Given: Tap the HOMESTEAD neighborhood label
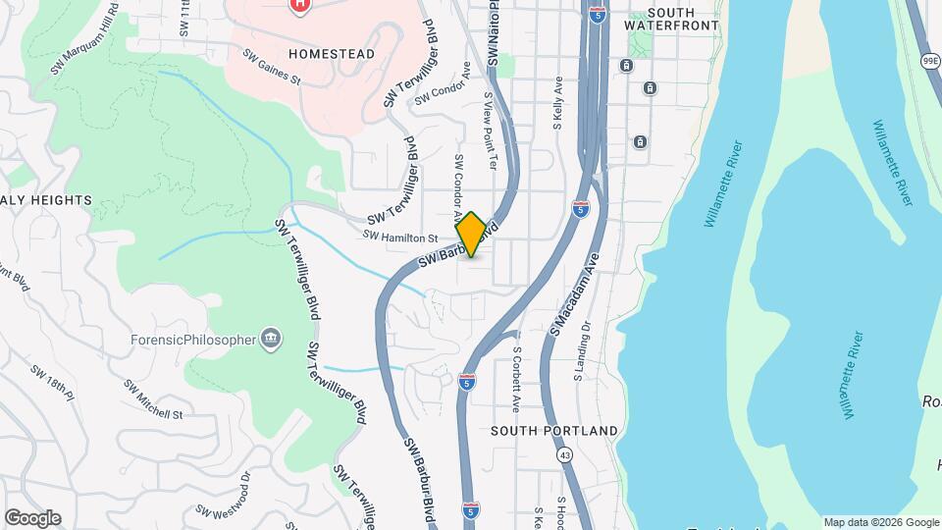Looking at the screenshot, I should (x=333, y=54).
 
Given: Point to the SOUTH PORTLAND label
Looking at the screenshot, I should (x=554, y=431).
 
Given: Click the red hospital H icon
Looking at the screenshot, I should (x=299, y=4).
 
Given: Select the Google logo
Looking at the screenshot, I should (x=31, y=518).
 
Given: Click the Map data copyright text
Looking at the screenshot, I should (x=880, y=522).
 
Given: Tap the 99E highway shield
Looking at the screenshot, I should (x=929, y=61).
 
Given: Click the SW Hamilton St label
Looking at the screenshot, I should (x=400, y=237).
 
